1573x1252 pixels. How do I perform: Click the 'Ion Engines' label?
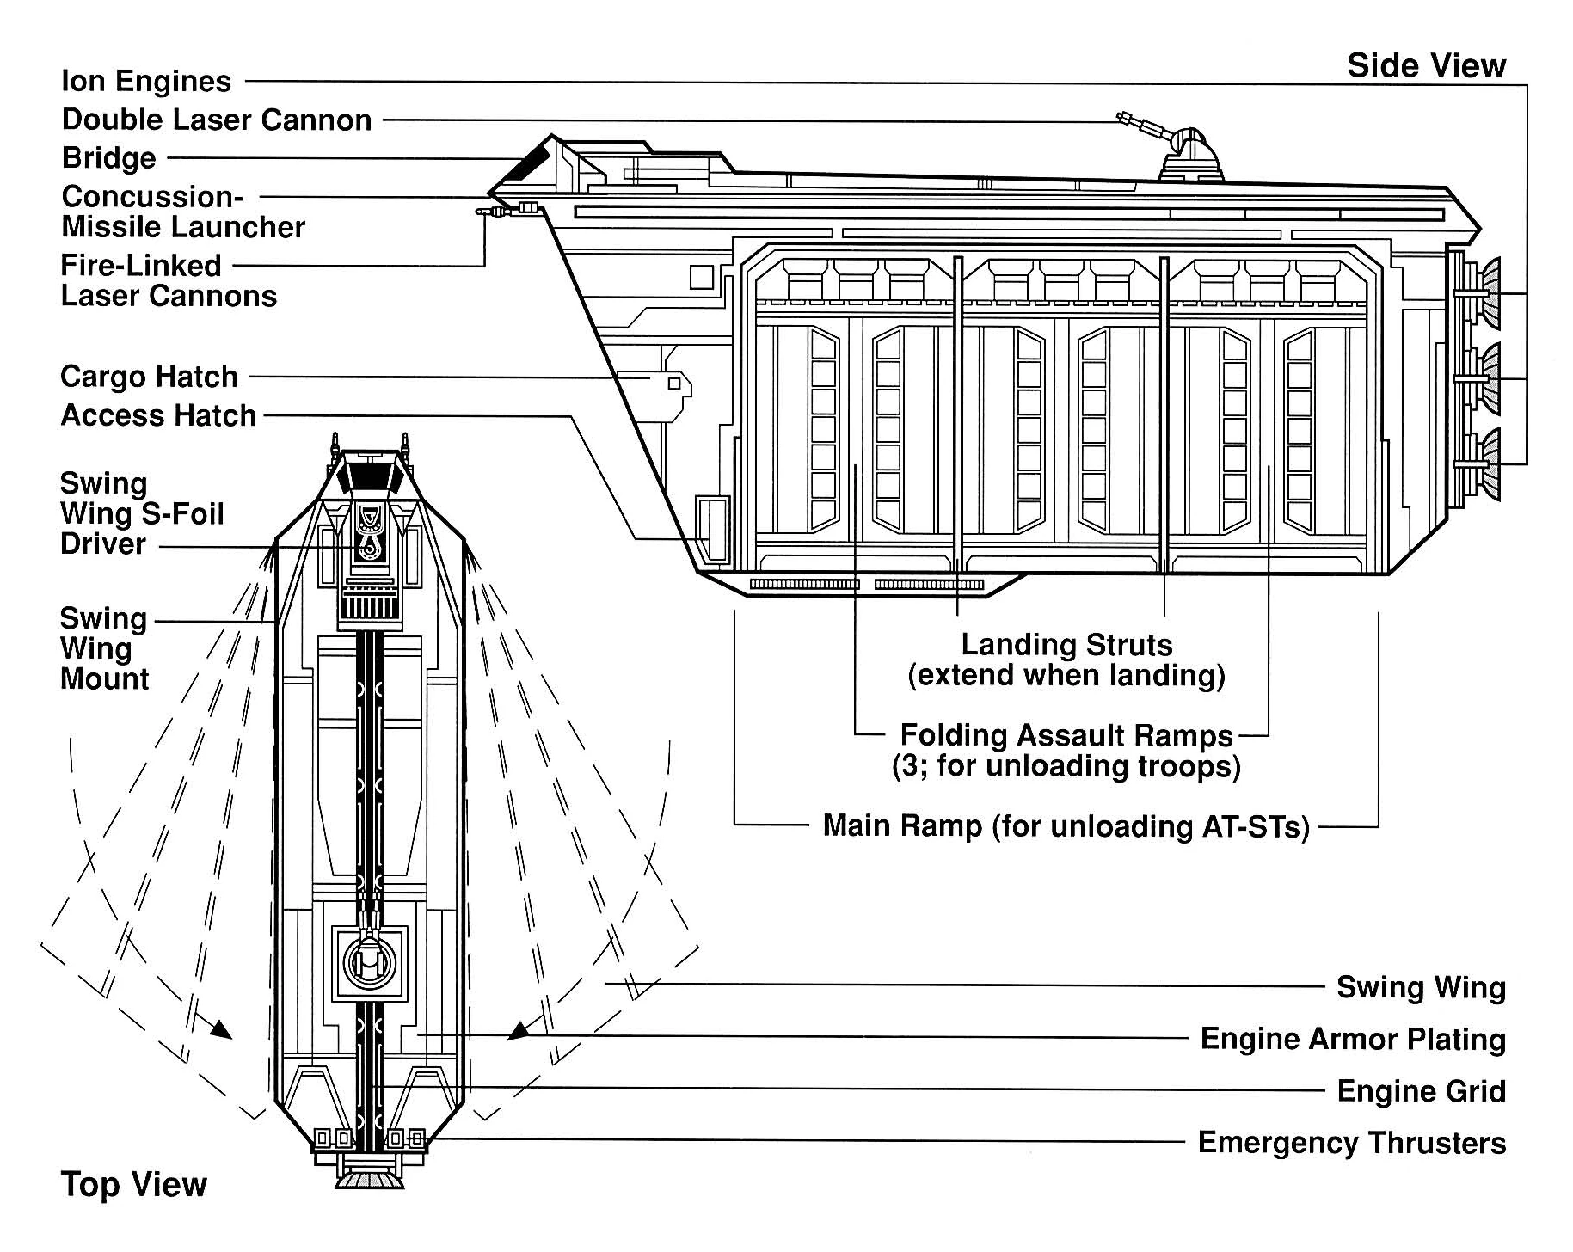pyautogui.click(x=146, y=82)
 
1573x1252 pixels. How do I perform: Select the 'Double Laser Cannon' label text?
pyautogui.click(x=217, y=120)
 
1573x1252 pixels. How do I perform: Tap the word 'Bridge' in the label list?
pyautogui.click(x=109, y=158)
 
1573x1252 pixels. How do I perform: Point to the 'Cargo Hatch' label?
pyautogui.click(x=149, y=377)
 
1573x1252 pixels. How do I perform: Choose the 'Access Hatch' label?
pyautogui.click(x=158, y=415)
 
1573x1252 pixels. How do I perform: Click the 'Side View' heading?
pyautogui.click(x=1426, y=66)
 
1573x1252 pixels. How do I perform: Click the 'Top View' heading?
pyautogui.click(x=133, y=1185)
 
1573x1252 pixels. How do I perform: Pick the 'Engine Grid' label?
pyautogui.click(x=1421, y=1091)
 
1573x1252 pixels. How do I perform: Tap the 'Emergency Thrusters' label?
pyautogui.click(x=1351, y=1143)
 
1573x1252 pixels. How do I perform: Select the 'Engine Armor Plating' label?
pyautogui.click(x=1352, y=1039)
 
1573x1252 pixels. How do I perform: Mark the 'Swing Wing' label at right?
pyautogui.click(x=1421, y=987)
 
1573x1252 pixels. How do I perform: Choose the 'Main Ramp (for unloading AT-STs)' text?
pyautogui.click(x=1066, y=826)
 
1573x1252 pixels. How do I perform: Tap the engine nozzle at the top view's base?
pyautogui.click(x=370, y=1179)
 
